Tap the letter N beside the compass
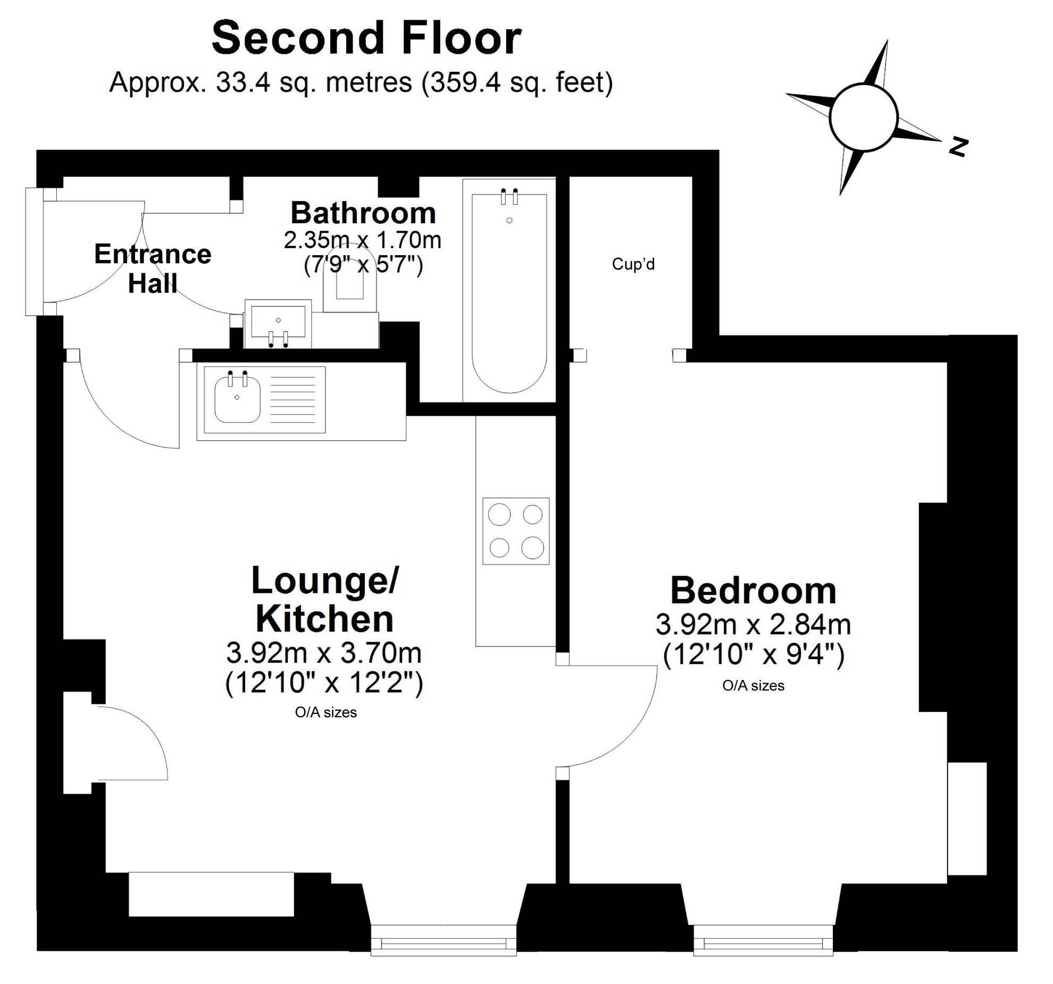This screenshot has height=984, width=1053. [958, 147]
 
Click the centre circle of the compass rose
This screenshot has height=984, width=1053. [863, 117]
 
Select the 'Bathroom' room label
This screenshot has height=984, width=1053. [363, 213]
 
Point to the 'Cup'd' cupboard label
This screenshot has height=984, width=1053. [633, 264]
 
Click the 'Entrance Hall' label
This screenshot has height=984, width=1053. [153, 268]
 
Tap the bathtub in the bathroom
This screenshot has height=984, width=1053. [509, 293]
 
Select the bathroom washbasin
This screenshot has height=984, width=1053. [278, 324]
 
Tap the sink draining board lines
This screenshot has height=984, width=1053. [293, 400]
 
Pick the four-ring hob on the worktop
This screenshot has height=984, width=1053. [515, 531]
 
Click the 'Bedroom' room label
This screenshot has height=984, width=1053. [753, 590]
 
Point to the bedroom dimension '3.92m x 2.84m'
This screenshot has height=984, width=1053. [753, 624]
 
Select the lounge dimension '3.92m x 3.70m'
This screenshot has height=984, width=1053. [324, 652]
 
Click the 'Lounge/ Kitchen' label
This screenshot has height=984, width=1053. [324, 600]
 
